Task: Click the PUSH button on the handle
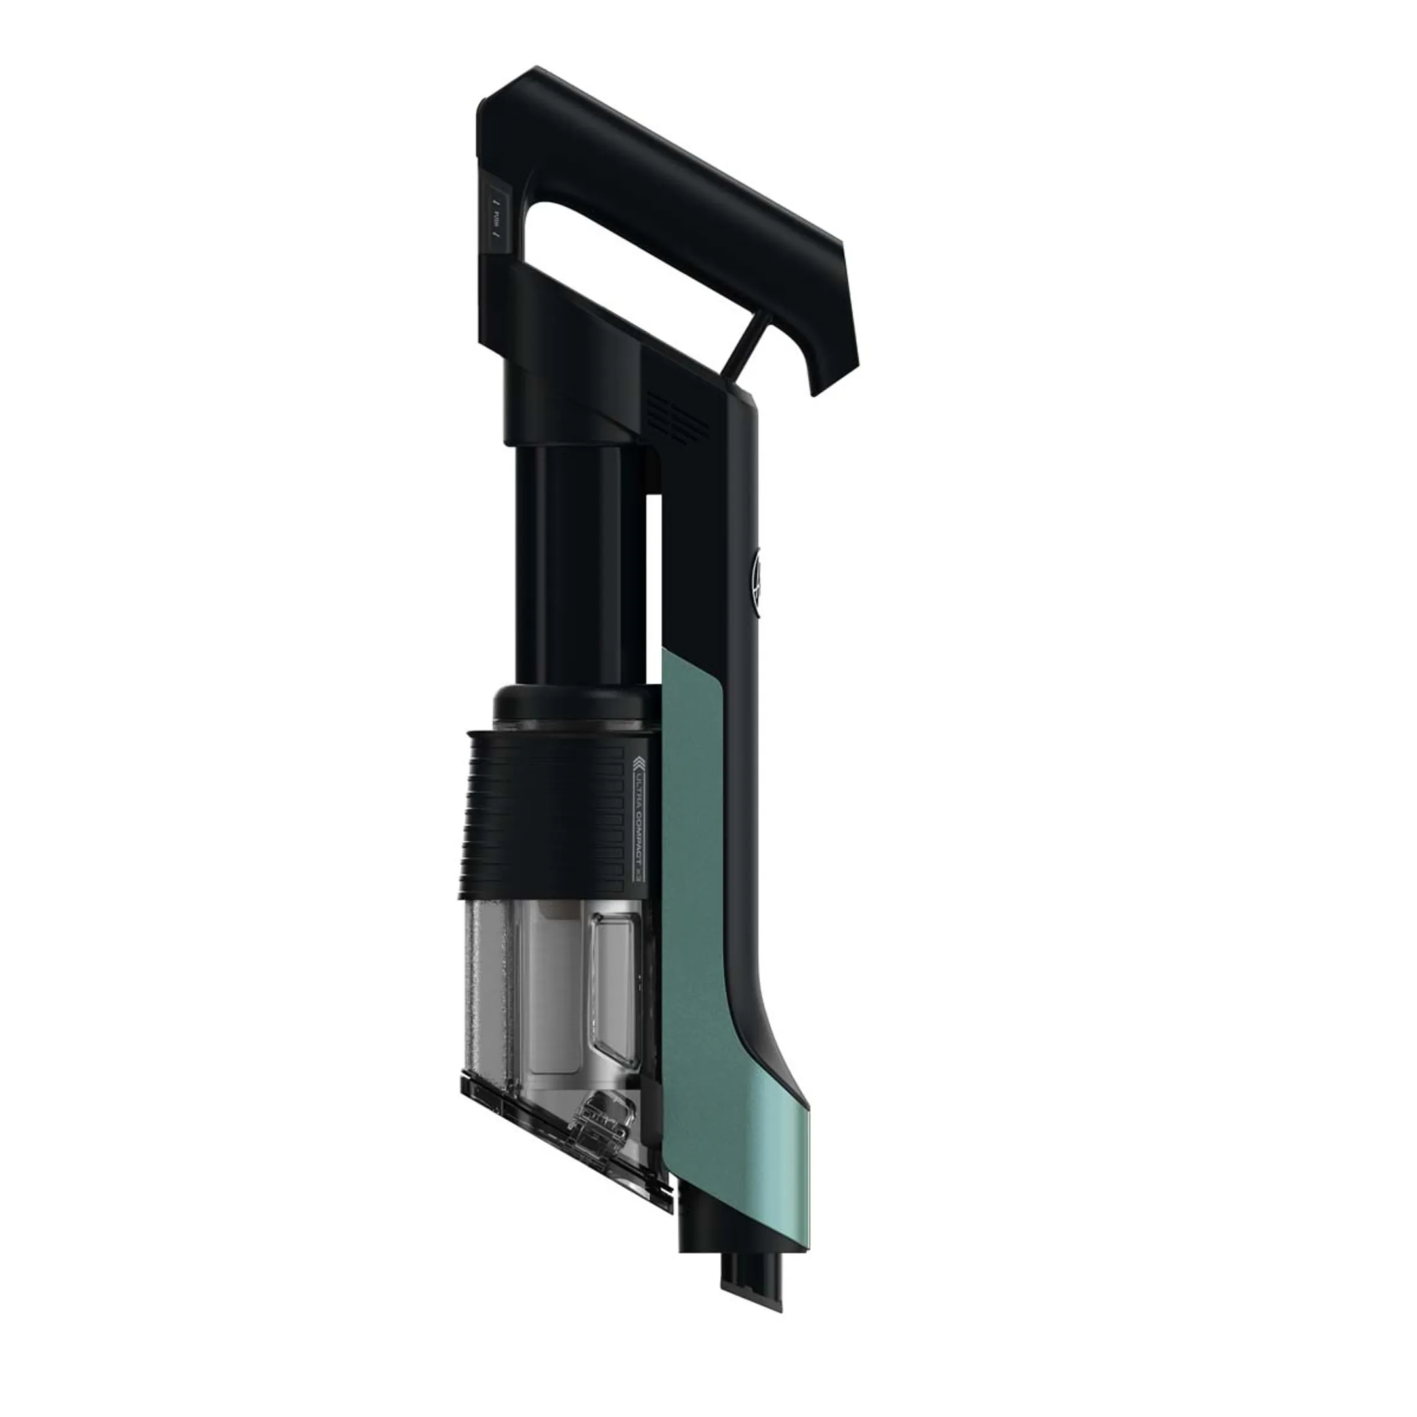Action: click(497, 218)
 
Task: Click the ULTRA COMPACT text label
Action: click(638, 822)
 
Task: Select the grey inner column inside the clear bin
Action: click(554, 983)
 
